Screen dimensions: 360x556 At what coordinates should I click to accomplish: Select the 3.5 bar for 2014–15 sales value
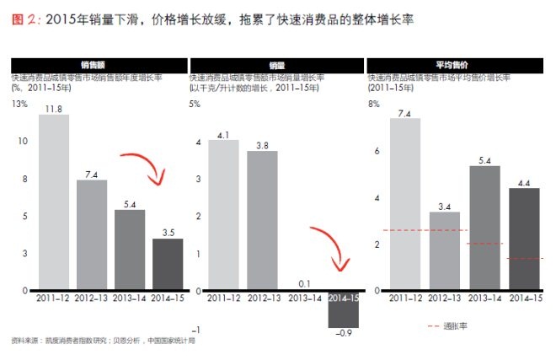click(167, 265)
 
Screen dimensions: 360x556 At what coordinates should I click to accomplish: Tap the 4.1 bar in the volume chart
click(223, 215)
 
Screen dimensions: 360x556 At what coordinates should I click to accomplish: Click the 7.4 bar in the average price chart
click(405, 205)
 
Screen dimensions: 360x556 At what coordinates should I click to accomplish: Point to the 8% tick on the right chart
click(373, 105)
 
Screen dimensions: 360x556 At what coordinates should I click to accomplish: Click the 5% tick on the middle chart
click(195, 105)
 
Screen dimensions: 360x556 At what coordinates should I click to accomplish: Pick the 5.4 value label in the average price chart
click(484, 159)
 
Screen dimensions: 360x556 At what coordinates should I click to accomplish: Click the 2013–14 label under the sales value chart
click(129, 298)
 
